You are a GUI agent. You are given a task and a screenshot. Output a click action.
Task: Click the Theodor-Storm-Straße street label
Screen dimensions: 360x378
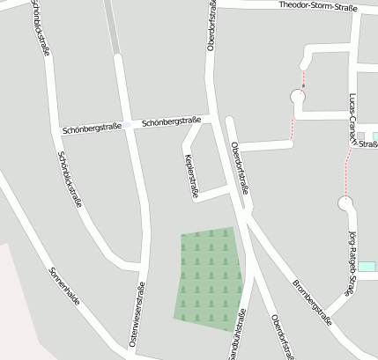[x=318, y=5]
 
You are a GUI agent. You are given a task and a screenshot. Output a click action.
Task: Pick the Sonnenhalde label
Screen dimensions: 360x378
[x=64, y=286]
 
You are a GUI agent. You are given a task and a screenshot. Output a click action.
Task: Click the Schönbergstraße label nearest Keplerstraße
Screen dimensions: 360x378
[x=172, y=121]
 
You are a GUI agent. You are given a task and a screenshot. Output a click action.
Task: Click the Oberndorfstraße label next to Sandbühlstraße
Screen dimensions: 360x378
[x=280, y=336]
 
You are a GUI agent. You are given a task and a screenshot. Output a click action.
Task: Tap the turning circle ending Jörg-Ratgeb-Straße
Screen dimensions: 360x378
[x=345, y=204]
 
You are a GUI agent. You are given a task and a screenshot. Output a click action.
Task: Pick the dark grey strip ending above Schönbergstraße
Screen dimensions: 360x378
[x=111, y=26]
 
